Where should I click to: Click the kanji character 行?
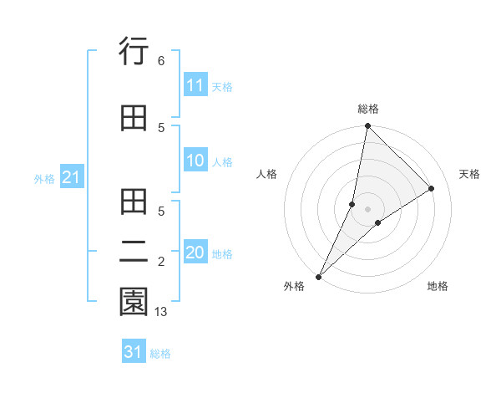pyautogui.click(x=134, y=53)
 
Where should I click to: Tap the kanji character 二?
pyautogui.click(x=134, y=252)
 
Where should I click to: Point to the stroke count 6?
pyautogui.click(x=160, y=61)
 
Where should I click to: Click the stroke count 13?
pyautogui.click(x=161, y=312)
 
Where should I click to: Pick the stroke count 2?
pyautogui.click(x=160, y=263)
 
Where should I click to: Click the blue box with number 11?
pyautogui.click(x=195, y=86)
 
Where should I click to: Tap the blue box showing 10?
pyautogui.click(x=195, y=161)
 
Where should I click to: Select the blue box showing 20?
pyautogui.click(x=195, y=253)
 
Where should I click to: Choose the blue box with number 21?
pyautogui.click(x=71, y=178)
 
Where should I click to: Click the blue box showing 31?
pyautogui.click(x=134, y=352)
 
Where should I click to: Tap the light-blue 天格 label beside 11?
pyautogui.click(x=222, y=87)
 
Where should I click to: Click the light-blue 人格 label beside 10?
pyautogui.click(x=222, y=162)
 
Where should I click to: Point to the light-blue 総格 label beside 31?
pyautogui.click(x=160, y=354)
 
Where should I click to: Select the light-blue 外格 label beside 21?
pyautogui.click(x=44, y=179)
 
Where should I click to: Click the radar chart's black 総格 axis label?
pyautogui.click(x=368, y=109)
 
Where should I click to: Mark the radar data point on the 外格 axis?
pyautogui.click(x=319, y=276)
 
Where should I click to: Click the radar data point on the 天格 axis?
pyautogui.click(x=432, y=189)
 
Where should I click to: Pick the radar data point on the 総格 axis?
pyautogui.click(x=367, y=125)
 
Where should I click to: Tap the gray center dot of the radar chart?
pyautogui.click(x=367, y=209)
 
